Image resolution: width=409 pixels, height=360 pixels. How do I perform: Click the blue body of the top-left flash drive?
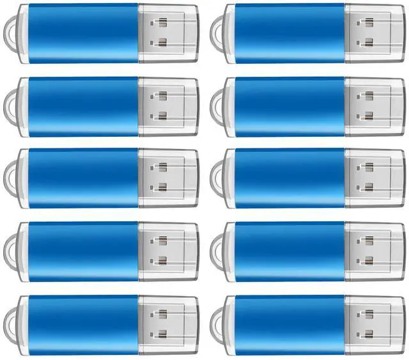(x=83, y=33)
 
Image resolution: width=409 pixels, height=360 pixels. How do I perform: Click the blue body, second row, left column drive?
(x=83, y=106)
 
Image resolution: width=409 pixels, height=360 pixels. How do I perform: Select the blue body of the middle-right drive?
(x=289, y=178)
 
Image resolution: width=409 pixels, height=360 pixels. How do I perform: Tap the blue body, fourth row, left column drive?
(x=83, y=251)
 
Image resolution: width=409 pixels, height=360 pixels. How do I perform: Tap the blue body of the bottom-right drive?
(x=289, y=324)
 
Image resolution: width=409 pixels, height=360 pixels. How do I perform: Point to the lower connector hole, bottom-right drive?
(x=368, y=334)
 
